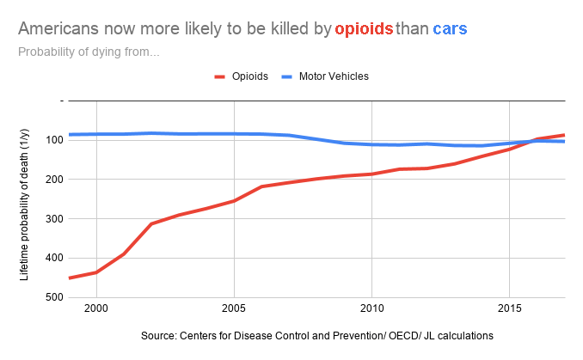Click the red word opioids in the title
pos(364,29)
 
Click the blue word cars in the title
pos(451,29)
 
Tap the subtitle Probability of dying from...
pos(89,52)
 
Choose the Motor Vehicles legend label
pos(334,76)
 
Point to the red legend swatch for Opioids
pos(221,76)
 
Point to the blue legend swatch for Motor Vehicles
pos(287,76)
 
